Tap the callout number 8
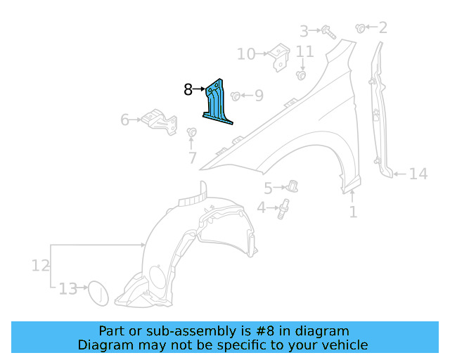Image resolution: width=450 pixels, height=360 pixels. tap(188, 89)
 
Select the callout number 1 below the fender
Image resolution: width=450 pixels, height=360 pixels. tap(353, 211)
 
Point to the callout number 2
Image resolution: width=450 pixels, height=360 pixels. tap(382, 28)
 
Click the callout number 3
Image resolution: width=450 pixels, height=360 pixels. tap(304, 31)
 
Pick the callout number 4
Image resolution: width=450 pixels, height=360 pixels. tap(262, 207)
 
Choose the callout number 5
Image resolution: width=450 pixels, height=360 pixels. tap(268, 188)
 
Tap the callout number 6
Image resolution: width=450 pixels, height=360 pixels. tap(125, 120)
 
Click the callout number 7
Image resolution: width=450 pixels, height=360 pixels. tap(192, 158)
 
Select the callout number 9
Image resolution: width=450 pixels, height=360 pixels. tap(258, 95)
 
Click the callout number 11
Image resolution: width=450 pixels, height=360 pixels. tap(304, 51)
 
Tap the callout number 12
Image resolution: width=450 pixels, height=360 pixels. tap(40, 265)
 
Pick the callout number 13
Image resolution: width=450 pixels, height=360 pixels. tap(67, 288)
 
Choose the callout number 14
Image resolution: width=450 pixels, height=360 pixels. tap(418, 173)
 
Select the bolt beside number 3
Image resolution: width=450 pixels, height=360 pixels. tap(328, 31)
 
